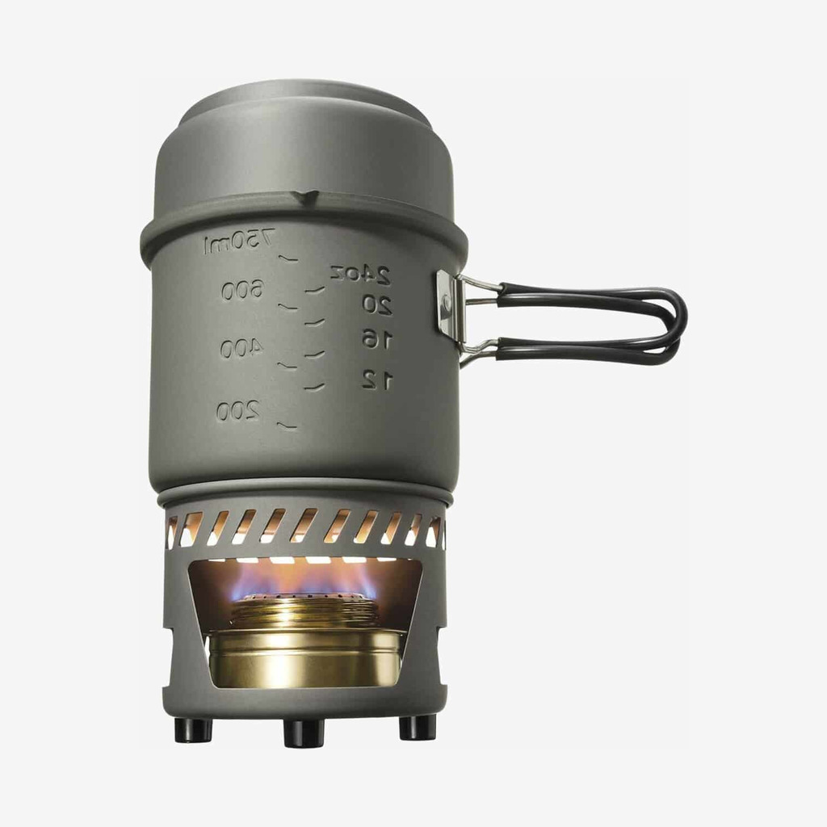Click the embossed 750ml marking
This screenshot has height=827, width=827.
pos(238,241)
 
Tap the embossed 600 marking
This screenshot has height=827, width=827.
pos(241,290)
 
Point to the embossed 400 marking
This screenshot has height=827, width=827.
pos(241,348)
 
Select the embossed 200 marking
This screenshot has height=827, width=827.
pos(238,410)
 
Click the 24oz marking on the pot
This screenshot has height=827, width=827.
pos(360,273)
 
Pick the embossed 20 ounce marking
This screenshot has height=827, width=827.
pos(377,304)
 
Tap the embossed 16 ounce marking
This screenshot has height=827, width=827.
pos(377,339)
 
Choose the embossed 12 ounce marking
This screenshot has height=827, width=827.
pos(377,380)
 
